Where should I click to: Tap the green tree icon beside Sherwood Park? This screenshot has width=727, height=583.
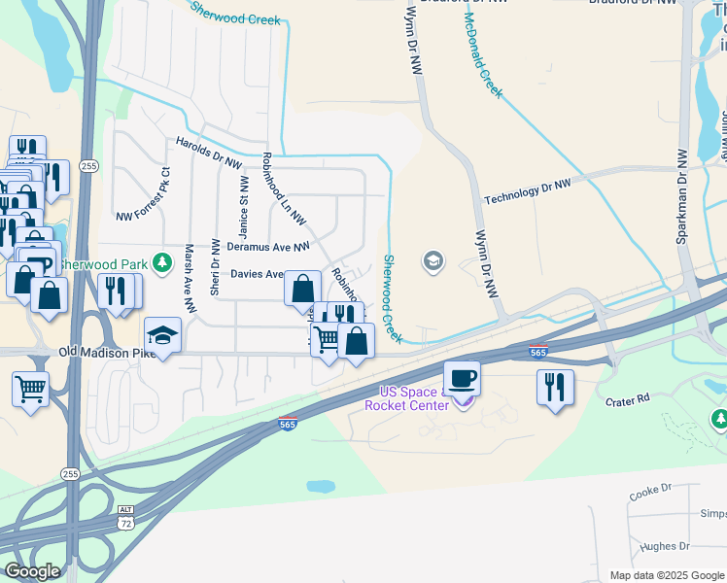tap(164, 262)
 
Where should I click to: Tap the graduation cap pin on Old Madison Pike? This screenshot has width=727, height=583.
tap(163, 334)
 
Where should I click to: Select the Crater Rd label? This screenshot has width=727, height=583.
tap(630, 399)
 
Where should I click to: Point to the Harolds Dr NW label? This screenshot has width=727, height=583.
tap(208, 154)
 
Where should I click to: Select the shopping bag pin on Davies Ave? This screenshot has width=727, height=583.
tap(302, 288)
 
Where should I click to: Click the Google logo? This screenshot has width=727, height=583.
tap(31, 570)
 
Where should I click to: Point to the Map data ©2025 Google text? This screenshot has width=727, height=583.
tap(666, 575)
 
